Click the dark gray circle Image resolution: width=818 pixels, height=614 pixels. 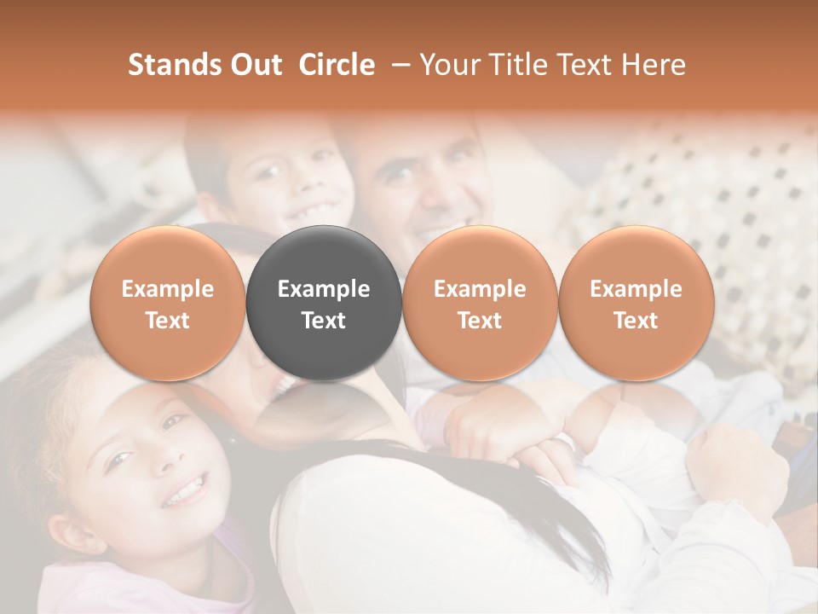coord(324,303)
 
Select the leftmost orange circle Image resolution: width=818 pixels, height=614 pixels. coord(168,303)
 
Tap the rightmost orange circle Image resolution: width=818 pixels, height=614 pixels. coord(636,303)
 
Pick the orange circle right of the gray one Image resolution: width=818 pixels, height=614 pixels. coord(480,303)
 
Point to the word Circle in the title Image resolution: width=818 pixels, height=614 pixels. coord(337,65)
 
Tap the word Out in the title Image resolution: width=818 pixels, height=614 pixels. coord(254,65)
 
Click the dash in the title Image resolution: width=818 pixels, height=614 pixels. coord(397,65)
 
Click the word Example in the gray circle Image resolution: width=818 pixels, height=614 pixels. coord(324,289)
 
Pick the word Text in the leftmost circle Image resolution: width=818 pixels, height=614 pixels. coord(168,321)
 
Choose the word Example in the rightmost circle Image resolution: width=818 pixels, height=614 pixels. coord(636,289)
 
